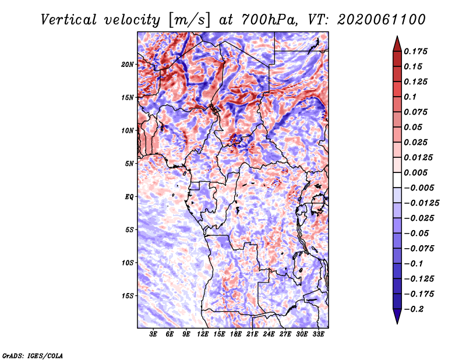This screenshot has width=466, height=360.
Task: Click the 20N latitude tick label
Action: pos(128,64)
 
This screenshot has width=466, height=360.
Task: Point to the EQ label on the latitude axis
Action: pos(129,196)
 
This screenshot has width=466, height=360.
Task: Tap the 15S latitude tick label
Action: pos(128,295)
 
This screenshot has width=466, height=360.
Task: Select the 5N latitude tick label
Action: pos(129,163)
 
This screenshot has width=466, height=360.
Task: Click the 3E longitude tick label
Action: pos(154,335)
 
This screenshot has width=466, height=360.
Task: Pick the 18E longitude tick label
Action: pos(236,335)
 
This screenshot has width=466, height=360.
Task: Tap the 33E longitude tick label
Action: pos(318,335)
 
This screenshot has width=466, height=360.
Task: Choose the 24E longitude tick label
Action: pos(269,335)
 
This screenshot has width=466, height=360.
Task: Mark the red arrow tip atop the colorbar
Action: pos(397,40)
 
